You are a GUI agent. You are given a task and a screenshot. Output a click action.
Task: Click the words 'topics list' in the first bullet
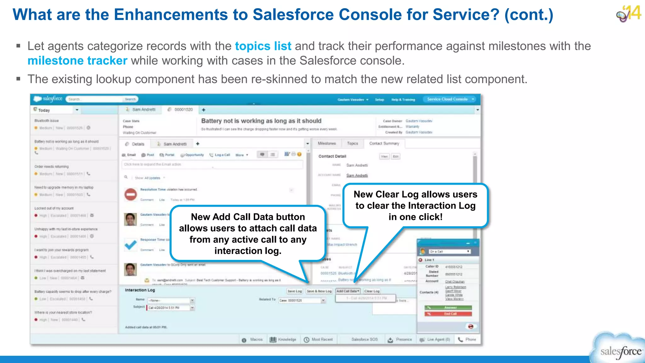click(x=263, y=46)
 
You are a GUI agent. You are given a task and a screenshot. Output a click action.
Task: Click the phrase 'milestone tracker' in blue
click(x=77, y=60)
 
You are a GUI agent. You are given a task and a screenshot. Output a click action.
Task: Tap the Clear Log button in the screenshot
click(x=372, y=291)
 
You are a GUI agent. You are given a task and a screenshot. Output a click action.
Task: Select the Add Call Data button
click(x=348, y=291)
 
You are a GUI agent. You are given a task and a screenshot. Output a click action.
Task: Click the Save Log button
click(x=294, y=291)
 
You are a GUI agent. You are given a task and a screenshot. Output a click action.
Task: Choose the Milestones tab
click(x=327, y=144)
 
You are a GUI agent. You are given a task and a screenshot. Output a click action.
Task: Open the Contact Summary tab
click(x=384, y=144)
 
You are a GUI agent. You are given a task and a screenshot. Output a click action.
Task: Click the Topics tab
click(x=352, y=144)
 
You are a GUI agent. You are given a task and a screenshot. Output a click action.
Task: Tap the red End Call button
click(x=448, y=314)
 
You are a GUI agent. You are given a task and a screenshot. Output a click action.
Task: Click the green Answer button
click(x=448, y=308)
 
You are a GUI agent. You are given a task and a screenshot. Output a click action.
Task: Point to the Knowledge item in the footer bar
click(x=283, y=340)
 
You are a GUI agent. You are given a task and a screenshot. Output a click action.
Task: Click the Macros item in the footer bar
click(x=253, y=340)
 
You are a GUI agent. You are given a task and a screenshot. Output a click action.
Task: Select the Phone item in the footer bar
click(x=467, y=340)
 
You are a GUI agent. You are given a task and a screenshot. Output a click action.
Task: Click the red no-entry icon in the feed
click(x=130, y=194)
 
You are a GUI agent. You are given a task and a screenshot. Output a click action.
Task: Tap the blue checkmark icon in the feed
click(x=130, y=245)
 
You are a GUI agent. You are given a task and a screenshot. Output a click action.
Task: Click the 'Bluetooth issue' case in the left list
click(x=47, y=121)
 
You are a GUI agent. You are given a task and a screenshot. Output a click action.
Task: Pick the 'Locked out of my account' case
click(x=54, y=208)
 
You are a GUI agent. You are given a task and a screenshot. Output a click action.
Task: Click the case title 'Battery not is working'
click(x=261, y=121)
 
